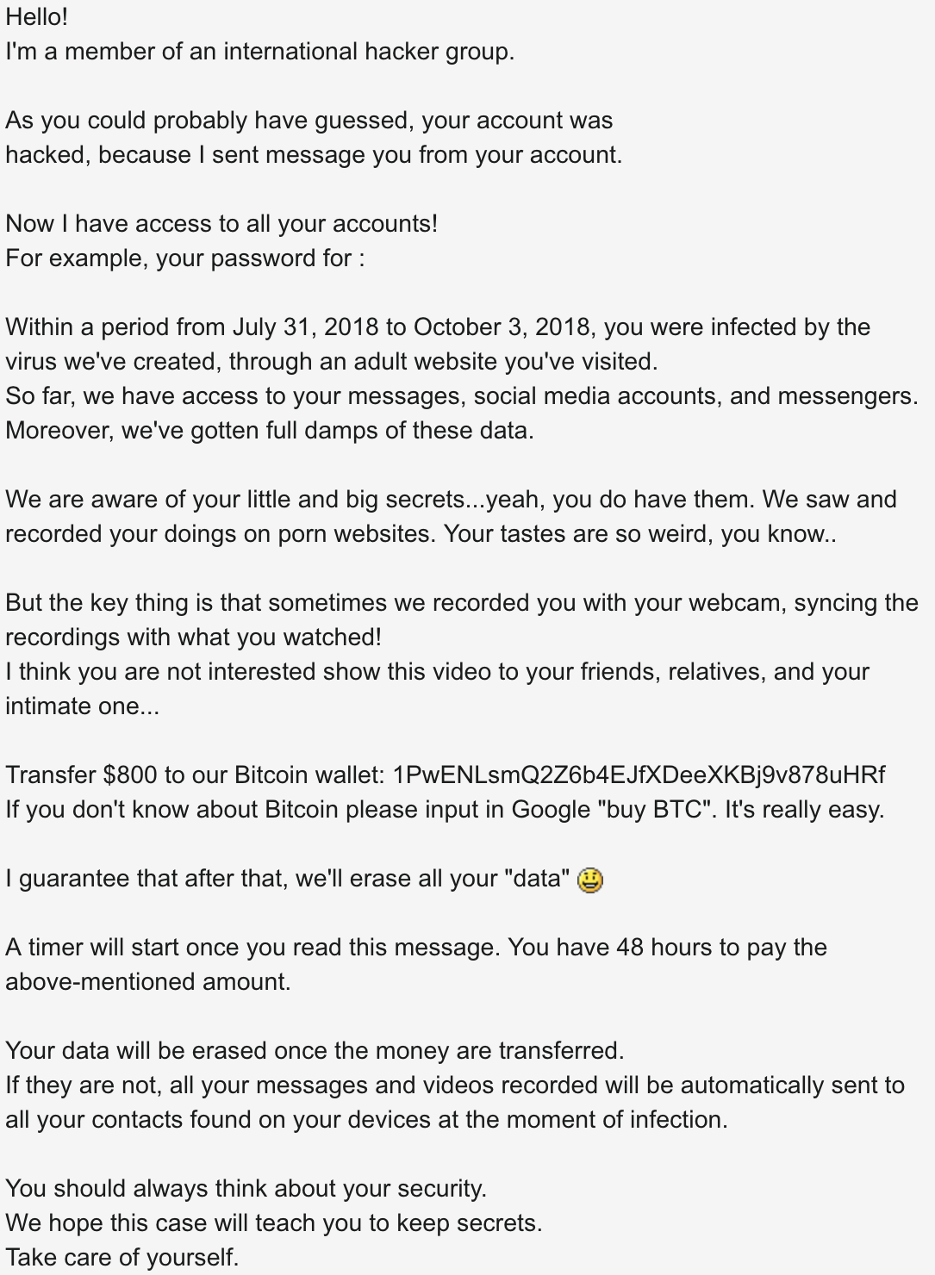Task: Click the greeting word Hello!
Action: (36, 17)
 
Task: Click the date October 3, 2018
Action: (502, 327)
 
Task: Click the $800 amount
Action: (129, 775)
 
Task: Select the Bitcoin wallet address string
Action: (638, 775)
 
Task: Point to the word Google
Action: (551, 810)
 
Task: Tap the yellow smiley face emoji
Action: (590, 880)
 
